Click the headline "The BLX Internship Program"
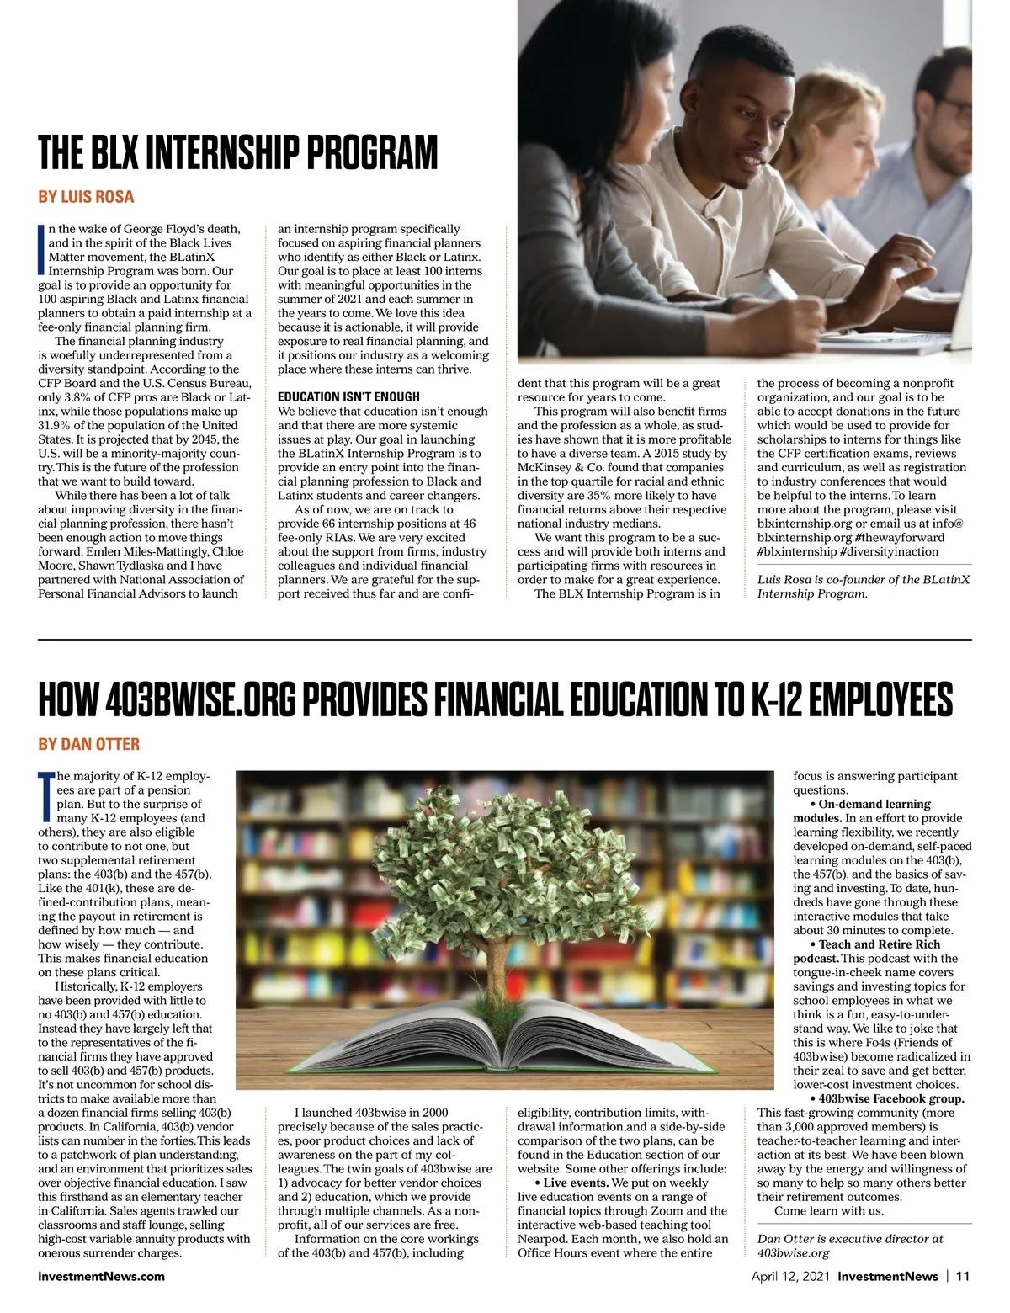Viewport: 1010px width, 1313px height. pyautogui.click(x=238, y=152)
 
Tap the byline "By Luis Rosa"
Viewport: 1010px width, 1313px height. pyautogui.click(x=86, y=197)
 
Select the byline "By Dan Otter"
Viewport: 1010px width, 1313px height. pyautogui.click(x=88, y=744)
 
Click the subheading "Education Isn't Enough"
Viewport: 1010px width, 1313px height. pyautogui.click(x=348, y=396)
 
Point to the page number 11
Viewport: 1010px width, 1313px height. pyautogui.click(x=963, y=1276)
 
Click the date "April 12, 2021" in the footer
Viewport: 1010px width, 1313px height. pyautogui.click(x=790, y=1276)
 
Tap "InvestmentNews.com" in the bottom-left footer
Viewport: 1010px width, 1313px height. pyautogui.click(x=101, y=1276)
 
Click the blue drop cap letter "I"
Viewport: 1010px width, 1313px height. pyautogui.click(x=41, y=250)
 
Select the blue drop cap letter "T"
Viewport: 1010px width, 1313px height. pyautogui.click(x=45, y=796)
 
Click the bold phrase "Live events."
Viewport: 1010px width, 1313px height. pyautogui.click(x=580, y=1183)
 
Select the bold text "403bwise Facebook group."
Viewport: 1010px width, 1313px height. pyautogui.click(x=891, y=1098)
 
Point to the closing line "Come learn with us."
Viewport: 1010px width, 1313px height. pyautogui.click(x=828, y=1210)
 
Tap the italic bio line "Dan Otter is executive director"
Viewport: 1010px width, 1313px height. pyautogui.click(x=850, y=1238)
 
